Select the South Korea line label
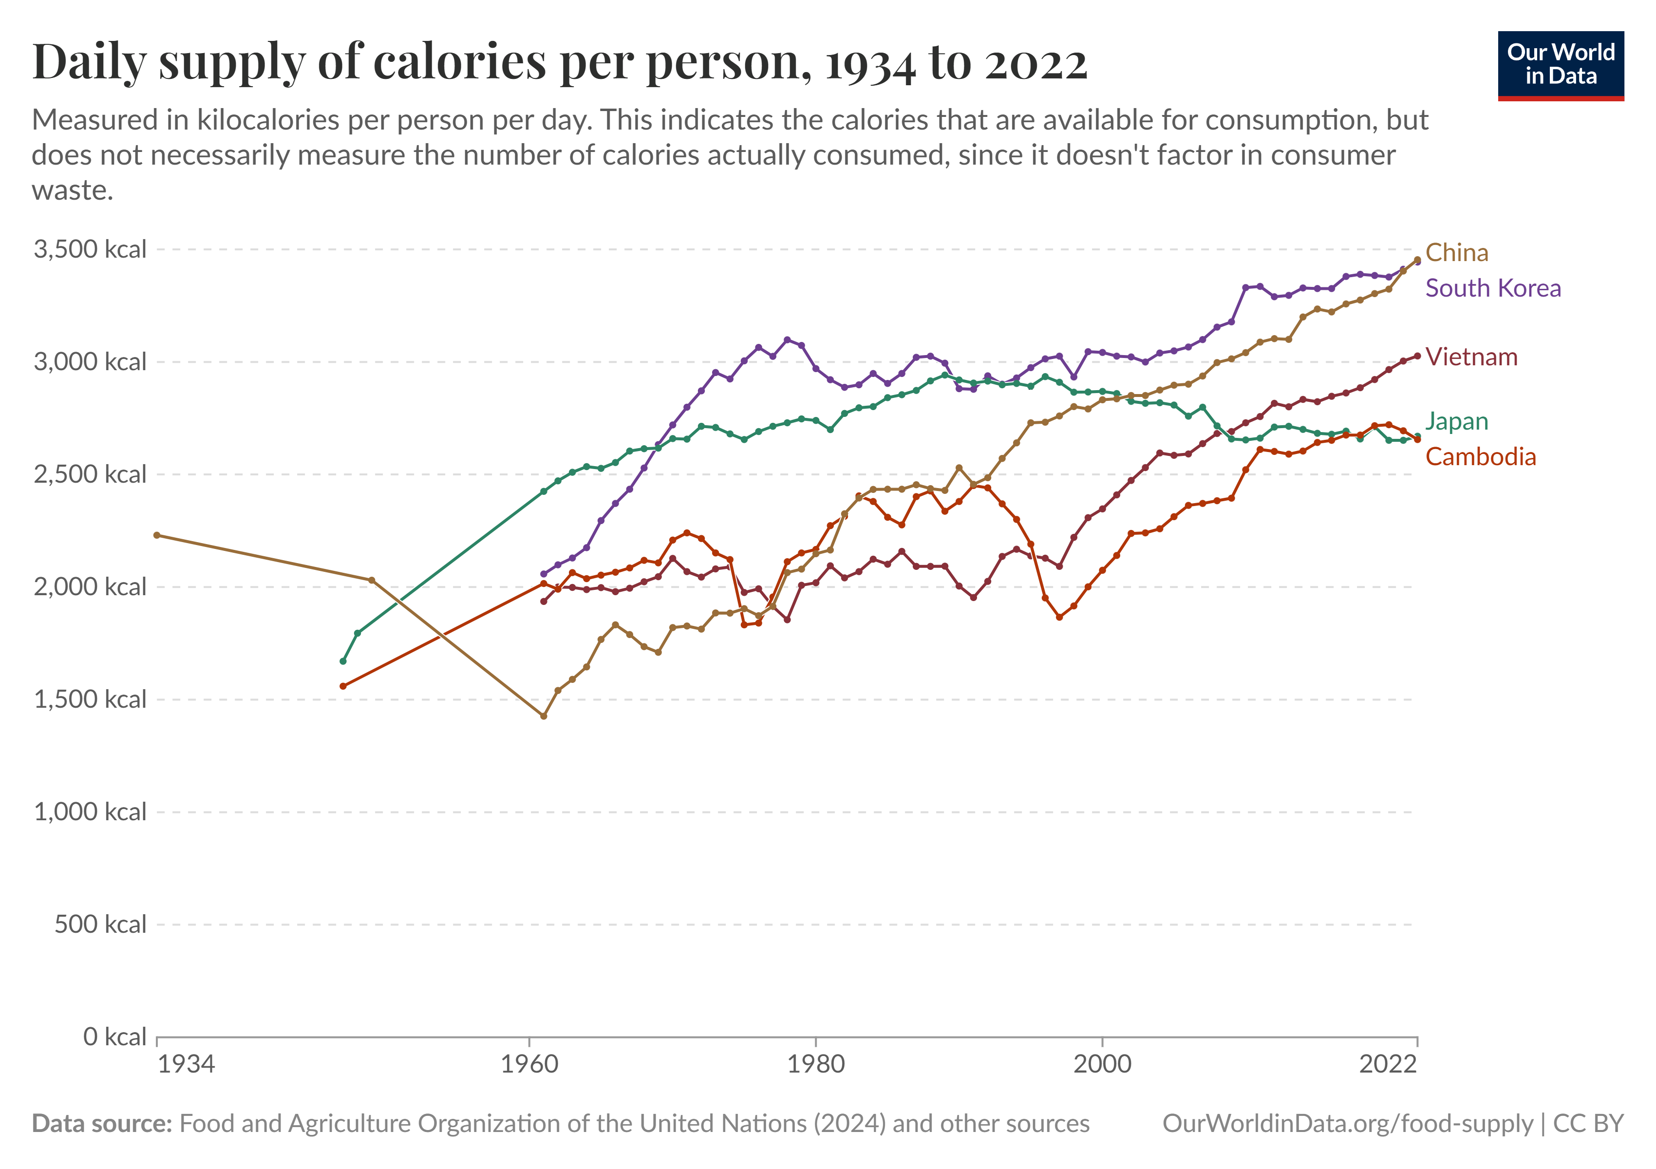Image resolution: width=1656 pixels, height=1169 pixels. pyautogui.click(x=1492, y=288)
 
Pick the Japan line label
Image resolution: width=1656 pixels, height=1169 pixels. pyautogui.click(x=1456, y=421)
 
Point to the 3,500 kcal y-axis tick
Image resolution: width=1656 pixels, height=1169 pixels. pyautogui.click(x=90, y=249)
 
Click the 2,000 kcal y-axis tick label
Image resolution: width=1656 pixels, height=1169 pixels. pyautogui.click(x=90, y=587)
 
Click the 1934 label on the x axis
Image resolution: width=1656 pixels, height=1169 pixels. pyautogui.click(x=186, y=1064)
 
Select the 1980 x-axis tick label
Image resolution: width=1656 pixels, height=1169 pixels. pyautogui.click(x=816, y=1064)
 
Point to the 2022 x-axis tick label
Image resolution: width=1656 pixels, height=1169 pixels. pyautogui.click(x=1388, y=1064)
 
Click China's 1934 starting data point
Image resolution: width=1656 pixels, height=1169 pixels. pyautogui.click(x=157, y=535)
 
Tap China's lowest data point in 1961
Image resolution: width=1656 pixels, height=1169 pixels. pyautogui.click(x=544, y=716)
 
